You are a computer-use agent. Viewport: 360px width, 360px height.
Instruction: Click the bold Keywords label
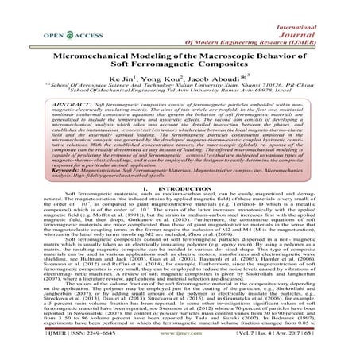tap(65, 182)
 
